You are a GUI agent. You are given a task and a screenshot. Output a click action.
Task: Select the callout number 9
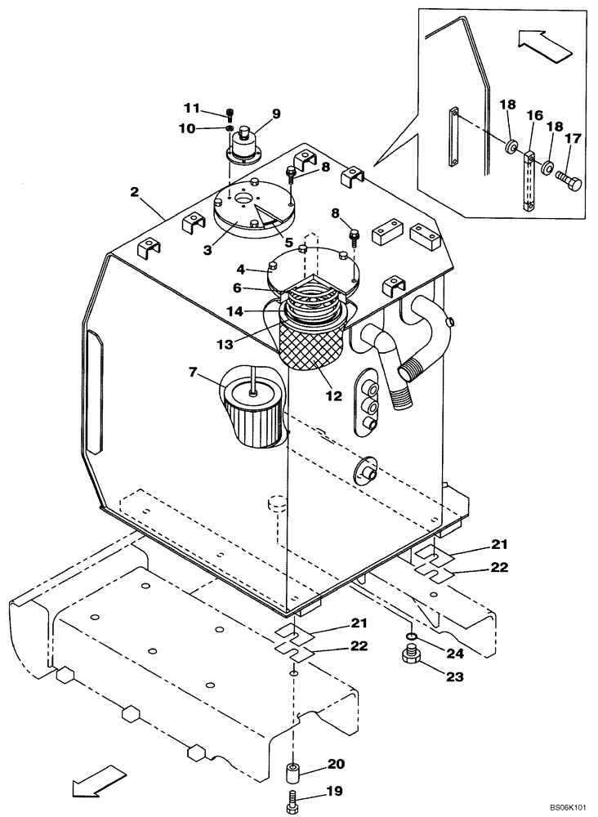(276, 114)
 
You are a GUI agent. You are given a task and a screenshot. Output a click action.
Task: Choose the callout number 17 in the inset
(573, 140)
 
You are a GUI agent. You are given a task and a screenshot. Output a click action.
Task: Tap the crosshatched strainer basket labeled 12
(314, 347)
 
